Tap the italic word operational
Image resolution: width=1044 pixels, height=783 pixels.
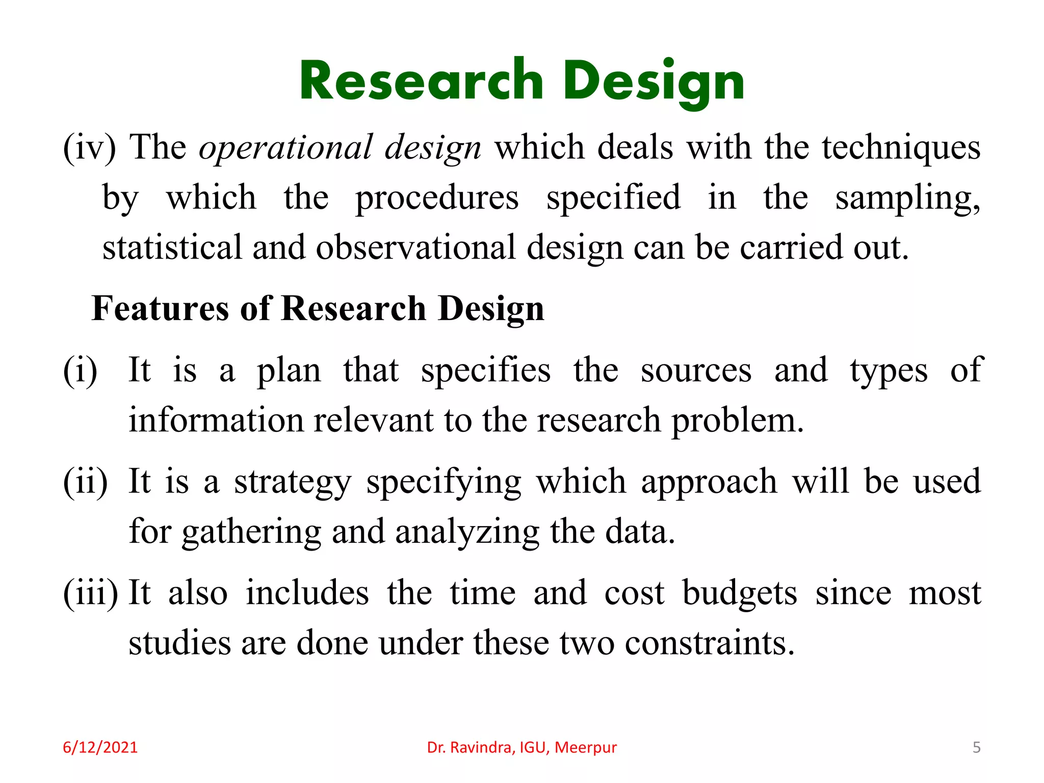pos(286,148)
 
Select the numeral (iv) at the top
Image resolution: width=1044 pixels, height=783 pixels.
pos(89,148)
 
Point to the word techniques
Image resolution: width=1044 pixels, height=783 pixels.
pos(901,148)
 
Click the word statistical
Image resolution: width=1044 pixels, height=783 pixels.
pos(172,248)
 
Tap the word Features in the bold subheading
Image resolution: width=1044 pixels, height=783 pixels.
pos(160,309)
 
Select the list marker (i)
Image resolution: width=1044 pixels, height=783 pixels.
pos(80,370)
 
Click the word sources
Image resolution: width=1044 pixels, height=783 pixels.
pos(696,370)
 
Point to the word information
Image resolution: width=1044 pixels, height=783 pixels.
pos(216,421)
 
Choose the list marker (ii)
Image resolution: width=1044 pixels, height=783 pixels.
pos(85,481)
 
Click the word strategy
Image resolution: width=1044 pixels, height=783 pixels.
pos(293,482)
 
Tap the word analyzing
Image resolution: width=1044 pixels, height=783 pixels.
pos(467,532)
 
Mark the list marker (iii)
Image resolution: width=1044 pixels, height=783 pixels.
pos(90,593)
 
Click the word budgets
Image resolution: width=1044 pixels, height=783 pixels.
pos(740,593)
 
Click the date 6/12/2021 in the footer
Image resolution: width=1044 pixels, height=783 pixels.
pos(100,747)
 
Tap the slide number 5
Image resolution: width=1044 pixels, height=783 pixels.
pos(976,747)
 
